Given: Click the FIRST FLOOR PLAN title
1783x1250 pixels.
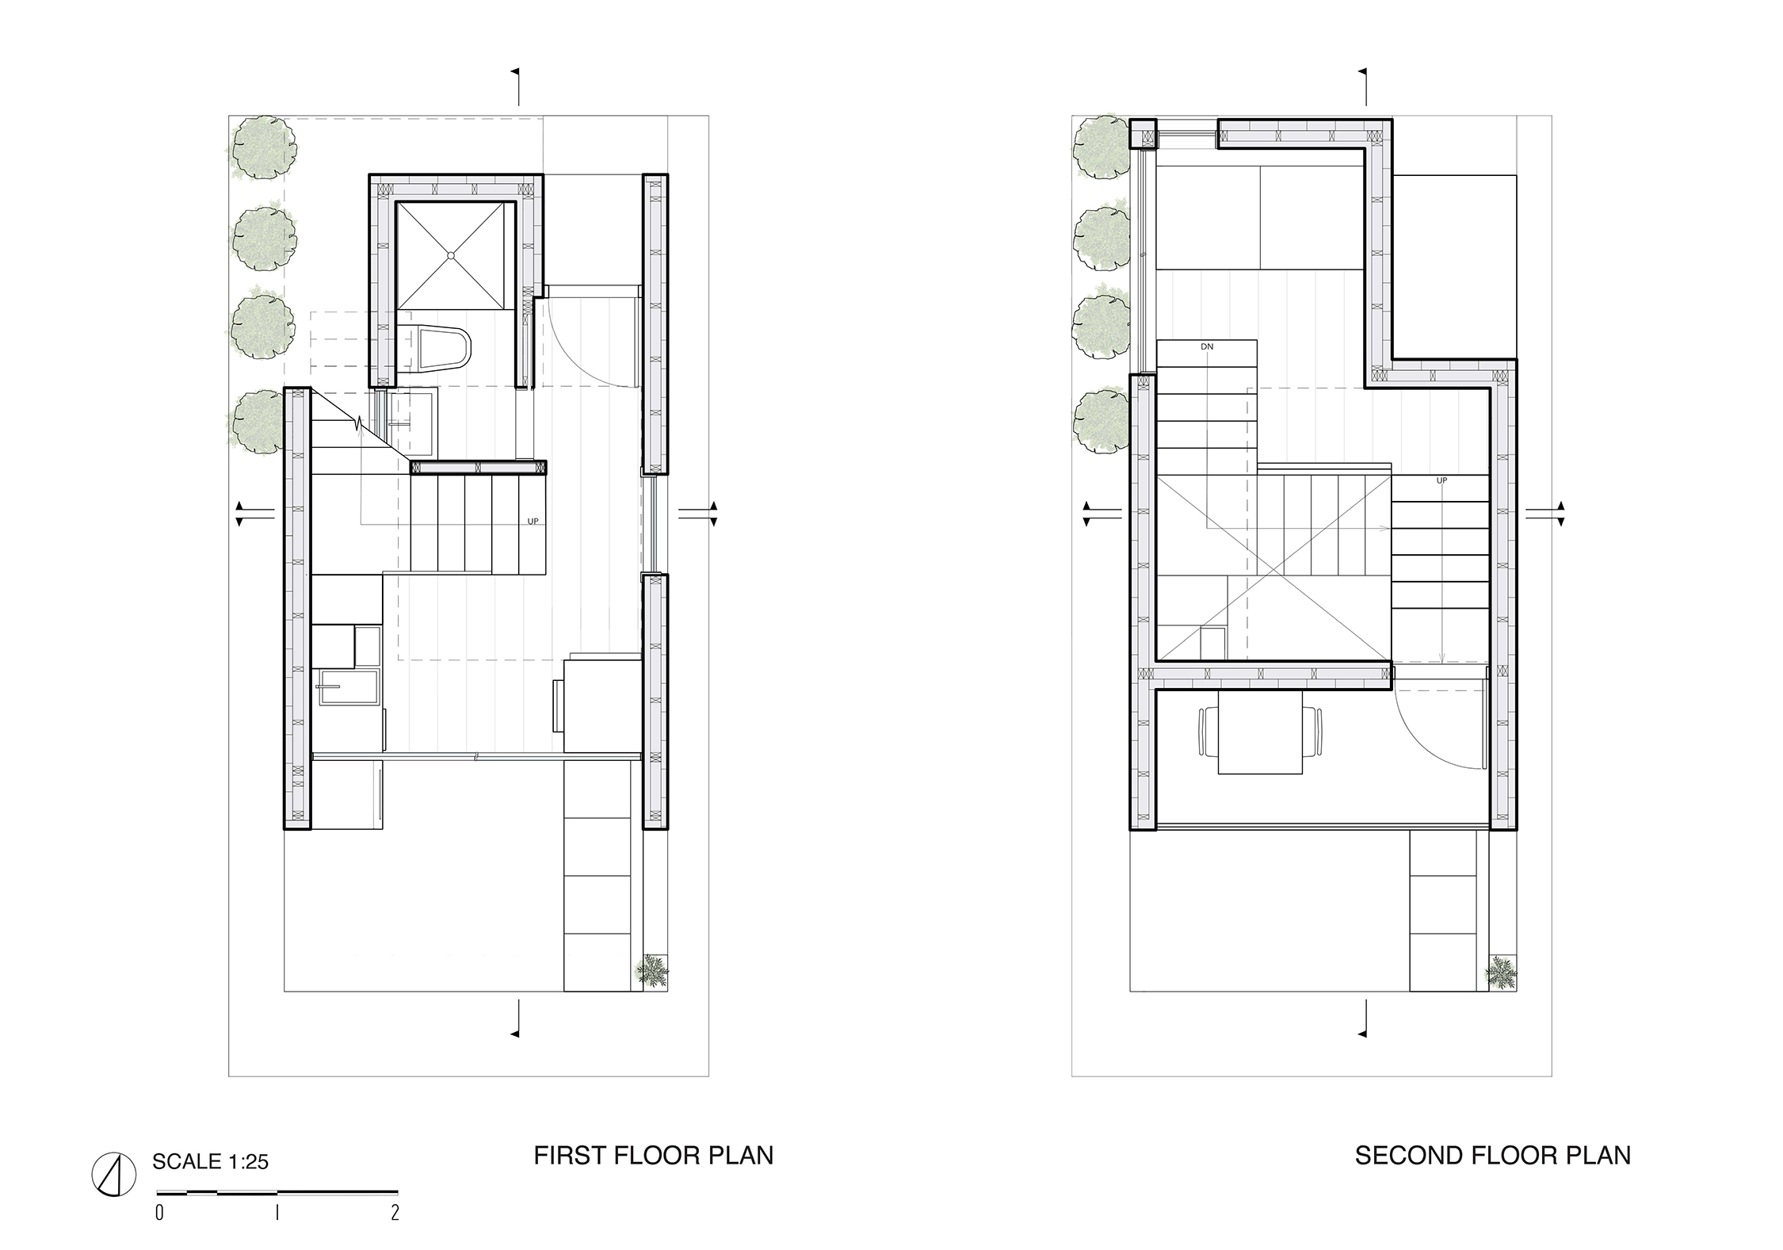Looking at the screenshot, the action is (x=653, y=1155).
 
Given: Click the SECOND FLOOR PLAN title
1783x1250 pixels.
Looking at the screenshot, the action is (x=1493, y=1155).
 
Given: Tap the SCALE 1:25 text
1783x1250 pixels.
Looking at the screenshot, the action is (x=210, y=1162).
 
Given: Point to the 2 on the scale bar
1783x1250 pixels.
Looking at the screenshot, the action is (x=395, y=1213).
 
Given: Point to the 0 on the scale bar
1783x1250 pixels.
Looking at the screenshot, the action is (x=160, y=1213).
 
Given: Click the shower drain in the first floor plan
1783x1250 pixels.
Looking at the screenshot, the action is (x=450, y=255).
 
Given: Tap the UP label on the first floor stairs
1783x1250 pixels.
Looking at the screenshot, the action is (x=533, y=522).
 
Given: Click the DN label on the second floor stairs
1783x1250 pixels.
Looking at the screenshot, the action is (x=1207, y=347).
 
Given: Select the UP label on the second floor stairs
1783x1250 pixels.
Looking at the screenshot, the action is (x=1441, y=481).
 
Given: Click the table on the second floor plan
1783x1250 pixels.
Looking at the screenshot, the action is (x=1260, y=732).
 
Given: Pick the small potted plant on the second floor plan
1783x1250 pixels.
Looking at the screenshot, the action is (x=1500, y=973).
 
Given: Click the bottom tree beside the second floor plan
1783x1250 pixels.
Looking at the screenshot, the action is (x=1101, y=422).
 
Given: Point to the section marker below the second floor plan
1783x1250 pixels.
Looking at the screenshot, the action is (x=1364, y=1019).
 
